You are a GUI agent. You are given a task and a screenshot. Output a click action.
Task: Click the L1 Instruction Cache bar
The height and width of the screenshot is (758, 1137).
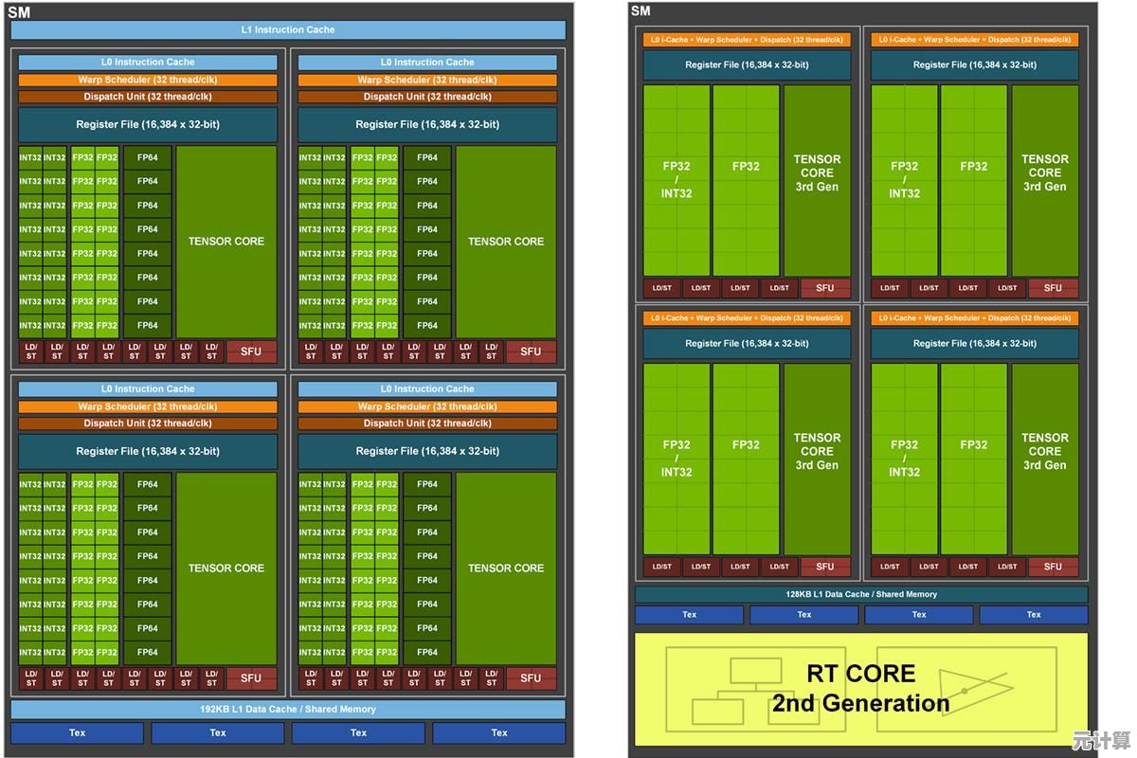(287, 29)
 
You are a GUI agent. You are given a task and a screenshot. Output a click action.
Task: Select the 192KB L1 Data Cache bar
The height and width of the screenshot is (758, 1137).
(287, 709)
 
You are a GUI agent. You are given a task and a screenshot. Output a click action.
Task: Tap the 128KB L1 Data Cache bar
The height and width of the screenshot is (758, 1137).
(860, 594)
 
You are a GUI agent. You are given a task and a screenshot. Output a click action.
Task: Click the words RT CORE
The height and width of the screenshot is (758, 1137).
(860, 674)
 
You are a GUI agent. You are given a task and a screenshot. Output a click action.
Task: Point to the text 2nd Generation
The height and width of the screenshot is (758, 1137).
(860, 703)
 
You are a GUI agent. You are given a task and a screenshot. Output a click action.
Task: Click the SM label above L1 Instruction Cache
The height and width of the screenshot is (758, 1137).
(19, 12)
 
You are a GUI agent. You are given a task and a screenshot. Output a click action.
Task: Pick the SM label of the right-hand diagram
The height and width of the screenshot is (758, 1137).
(641, 10)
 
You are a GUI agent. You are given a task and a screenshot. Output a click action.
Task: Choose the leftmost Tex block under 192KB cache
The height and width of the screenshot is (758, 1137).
(77, 732)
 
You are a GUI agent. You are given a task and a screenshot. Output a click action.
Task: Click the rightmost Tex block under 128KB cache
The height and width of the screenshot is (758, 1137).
(1033, 615)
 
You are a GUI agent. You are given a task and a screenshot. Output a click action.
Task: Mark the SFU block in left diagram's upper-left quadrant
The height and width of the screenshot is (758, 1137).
(251, 352)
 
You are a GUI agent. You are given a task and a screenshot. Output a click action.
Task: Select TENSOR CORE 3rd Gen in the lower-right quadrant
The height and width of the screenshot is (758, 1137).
(1044, 452)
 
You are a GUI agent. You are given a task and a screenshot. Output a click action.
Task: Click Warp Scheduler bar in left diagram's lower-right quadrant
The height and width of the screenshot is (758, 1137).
(427, 406)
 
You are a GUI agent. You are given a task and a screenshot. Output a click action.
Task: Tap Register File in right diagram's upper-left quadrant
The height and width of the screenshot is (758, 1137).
(747, 64)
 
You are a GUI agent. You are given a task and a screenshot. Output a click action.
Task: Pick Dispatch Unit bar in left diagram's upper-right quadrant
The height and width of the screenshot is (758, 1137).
(427, 97)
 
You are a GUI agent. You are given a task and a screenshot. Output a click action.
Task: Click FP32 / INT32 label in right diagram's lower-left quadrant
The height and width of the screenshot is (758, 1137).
(677, 459)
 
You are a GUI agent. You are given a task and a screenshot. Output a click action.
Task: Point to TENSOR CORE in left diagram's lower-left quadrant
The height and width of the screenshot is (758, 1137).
(226, 568)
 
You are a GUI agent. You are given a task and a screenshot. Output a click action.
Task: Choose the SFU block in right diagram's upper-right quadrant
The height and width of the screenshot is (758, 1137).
(1053, 288)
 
